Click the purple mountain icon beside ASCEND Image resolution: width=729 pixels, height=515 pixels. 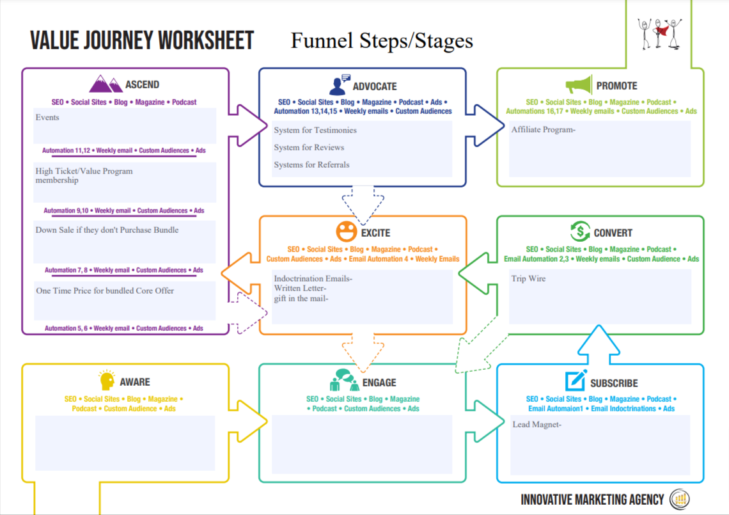coord(106,84)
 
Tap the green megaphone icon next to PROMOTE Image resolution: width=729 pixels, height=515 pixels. coord(579,84)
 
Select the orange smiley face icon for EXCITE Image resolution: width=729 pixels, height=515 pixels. coord(347,231)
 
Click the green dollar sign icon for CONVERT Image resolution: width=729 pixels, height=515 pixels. coord(580,231)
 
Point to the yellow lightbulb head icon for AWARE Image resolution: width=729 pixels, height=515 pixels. coord(107,380)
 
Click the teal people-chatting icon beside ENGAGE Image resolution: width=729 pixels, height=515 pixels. coord(345,380)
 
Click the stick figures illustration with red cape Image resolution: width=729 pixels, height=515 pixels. coord(660,33)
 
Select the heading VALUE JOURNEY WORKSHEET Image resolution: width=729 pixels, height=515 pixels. coord(142,40)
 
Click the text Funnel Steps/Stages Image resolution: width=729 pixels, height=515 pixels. coord(382,40)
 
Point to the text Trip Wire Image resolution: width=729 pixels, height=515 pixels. coord(529,279)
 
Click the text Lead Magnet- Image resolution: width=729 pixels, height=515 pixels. coord(537,424)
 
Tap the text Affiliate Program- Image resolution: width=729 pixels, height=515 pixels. coord(544,130)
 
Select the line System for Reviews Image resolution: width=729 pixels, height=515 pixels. coord(309,148)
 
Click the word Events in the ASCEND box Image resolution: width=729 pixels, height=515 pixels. coord(47,117)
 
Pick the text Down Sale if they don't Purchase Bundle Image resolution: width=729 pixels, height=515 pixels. coord(107,230)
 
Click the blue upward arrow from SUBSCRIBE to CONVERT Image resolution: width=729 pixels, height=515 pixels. coord(599,345)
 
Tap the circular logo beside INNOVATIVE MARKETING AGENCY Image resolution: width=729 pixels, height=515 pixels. coord(680,500)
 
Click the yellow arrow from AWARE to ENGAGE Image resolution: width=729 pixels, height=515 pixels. coord(248,422)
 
